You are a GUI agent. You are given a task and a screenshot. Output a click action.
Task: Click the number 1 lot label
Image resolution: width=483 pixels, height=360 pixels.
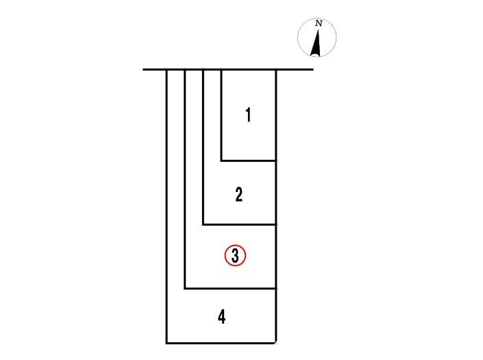248,115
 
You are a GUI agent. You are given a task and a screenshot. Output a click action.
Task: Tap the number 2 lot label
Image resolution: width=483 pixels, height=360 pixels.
238,195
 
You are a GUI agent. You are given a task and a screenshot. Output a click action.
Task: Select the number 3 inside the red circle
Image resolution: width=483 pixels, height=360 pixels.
236,256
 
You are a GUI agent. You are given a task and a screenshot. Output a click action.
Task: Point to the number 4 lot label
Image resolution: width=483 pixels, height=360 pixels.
221,317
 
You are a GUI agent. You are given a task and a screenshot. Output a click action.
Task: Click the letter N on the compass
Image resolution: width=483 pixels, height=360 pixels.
319,23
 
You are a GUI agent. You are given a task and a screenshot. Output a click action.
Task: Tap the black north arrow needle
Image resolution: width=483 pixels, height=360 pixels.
317,43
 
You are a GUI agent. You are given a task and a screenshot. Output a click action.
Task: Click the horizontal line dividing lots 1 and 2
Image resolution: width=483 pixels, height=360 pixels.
248,160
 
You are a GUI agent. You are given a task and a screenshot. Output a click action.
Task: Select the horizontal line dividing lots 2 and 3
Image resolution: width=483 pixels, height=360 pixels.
239,225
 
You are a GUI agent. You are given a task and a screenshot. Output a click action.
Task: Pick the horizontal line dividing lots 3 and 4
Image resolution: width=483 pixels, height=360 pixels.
230,289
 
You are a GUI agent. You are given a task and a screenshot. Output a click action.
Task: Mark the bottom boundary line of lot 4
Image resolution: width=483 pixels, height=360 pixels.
221,343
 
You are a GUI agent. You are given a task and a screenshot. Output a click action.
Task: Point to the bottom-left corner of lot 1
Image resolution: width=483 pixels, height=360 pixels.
221,160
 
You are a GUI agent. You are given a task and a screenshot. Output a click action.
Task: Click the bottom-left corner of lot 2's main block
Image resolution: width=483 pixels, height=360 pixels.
203,225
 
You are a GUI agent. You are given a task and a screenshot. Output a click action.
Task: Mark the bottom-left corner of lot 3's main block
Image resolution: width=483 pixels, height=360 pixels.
185,289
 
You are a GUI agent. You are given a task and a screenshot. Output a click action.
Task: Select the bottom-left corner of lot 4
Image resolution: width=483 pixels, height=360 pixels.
166,343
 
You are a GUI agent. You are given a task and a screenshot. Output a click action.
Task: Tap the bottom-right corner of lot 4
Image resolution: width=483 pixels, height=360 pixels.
275,343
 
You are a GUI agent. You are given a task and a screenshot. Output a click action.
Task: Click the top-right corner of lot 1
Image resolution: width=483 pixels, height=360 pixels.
275,70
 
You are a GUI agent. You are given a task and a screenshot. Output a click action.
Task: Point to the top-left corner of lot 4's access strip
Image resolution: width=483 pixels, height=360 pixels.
166,70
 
